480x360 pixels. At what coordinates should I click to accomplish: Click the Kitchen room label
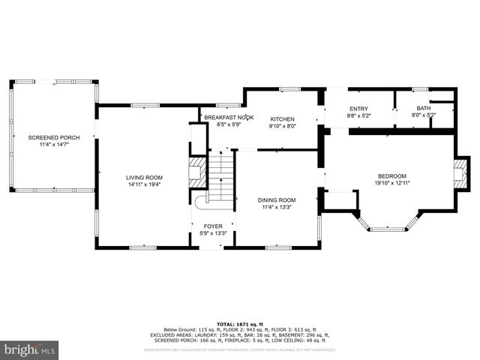point(283,119)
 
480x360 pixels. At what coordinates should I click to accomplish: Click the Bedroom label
point(391,175)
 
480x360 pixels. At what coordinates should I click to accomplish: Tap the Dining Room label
point(277,200)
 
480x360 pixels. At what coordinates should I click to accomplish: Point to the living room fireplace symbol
point(196,172)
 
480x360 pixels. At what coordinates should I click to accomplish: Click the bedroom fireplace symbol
point(461,173)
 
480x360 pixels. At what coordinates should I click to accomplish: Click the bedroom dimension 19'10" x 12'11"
point(391,182)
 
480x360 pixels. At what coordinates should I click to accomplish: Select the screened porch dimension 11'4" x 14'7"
point(53,145)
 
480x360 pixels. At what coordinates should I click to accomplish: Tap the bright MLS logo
point(30,349)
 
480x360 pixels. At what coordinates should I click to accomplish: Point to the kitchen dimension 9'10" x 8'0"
point(283,126)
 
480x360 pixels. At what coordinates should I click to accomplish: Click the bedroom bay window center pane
point(387,229)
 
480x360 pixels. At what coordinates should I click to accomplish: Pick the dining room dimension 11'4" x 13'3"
point(277,207)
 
